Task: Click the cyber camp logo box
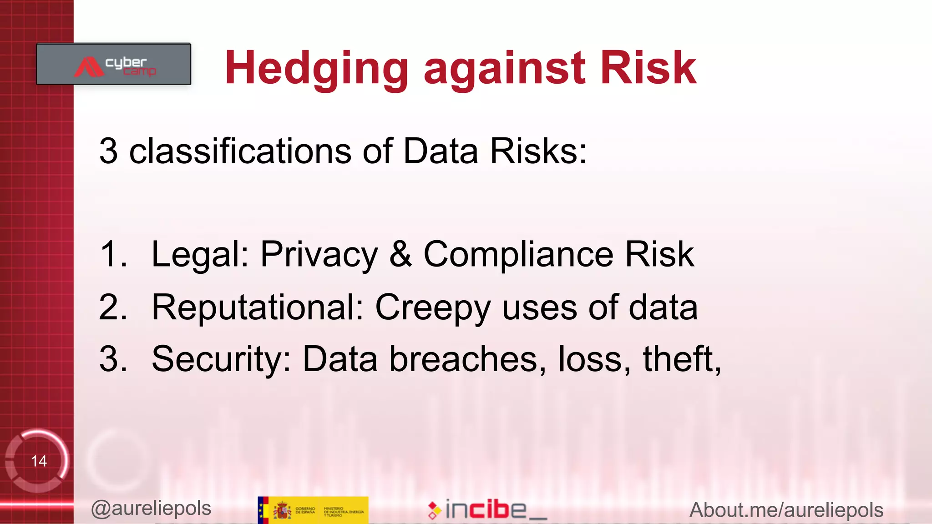tap(114, 64)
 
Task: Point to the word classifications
tap(240, 151)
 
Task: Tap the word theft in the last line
tap(680, 359)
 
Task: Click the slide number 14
tap(39, 461)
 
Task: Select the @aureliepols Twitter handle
tap(151, 509)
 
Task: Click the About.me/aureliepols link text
tap(786, 510)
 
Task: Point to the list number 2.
tap(112, 307)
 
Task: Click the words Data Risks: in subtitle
tap(495, 151)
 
